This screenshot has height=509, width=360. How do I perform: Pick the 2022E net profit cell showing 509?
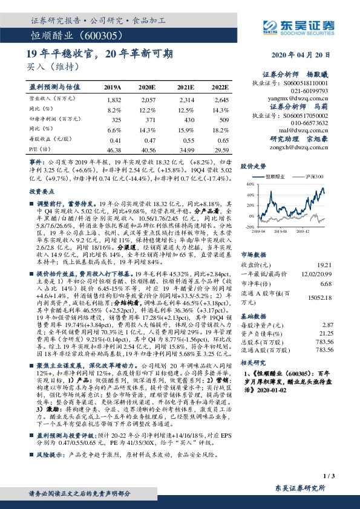click(221, 121)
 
